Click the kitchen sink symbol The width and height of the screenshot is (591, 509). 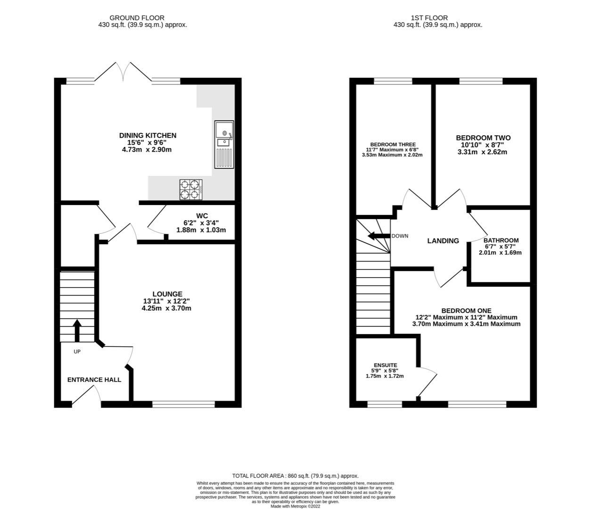pyautogui.click(x=224, y=144)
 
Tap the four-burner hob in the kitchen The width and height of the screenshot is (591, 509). pyautogui.click(x=191, y=189)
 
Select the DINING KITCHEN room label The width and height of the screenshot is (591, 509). pyautogui.click(x=148, y=136)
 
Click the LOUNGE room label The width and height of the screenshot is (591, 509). pyautogui.click(x=167, y=294)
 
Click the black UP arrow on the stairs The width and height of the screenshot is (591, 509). pyautogui.click(x=77, y=330)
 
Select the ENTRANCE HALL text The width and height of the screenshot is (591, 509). pyautogui.click(x=94, y=380)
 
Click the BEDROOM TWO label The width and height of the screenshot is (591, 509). pyautogui.click(x=483, y=138)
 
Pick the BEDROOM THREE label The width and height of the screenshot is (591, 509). pyautogui.click(x=393, y=145)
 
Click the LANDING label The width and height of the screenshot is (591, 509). pyautogui.click(x=443, y=241)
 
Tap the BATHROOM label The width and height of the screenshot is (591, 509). pyautogui.click(x=501, y=240)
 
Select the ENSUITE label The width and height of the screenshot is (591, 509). pyautogui.click(x=385, y=365)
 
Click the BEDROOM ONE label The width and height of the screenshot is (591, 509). pyautogui.click(x=466, y=311)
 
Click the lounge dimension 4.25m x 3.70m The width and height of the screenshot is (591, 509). pyautogui.click(x=167, y=308)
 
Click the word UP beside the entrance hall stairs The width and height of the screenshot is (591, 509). pyautogui.click(x=77, y=352)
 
